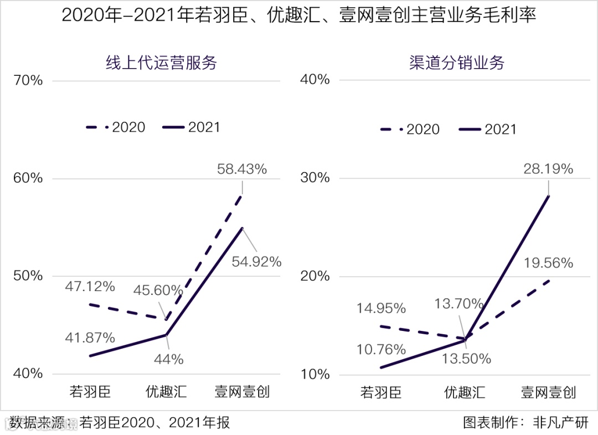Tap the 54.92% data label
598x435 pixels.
coord(256,262)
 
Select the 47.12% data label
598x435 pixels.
coord(90,287)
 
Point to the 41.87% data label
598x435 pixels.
coord(90,338)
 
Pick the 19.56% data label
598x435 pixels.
coord(548,263)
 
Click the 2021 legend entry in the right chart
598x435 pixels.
coord(488,130)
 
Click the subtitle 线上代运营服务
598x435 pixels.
coord(161,63)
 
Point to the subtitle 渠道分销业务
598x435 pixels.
coord(457,63)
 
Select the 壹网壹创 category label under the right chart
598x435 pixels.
coord(548,392)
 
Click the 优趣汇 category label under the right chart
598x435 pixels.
coord(465,392)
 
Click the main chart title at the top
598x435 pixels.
coord(299,15)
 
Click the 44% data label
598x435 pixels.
coord(169,359)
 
